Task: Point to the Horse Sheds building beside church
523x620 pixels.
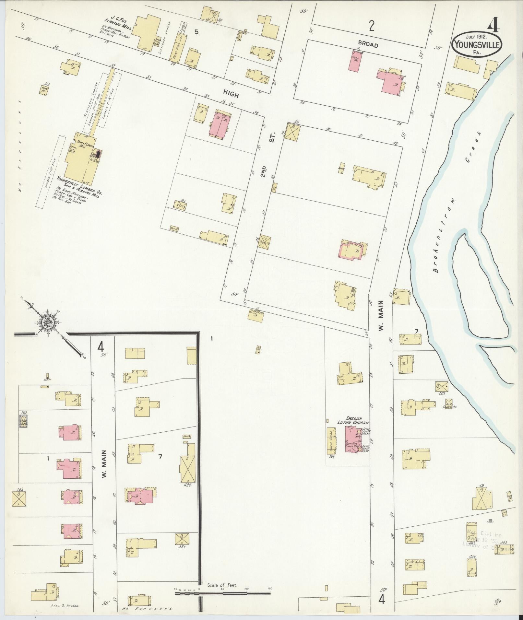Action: [331, 441]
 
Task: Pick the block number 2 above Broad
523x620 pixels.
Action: [372, 26]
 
